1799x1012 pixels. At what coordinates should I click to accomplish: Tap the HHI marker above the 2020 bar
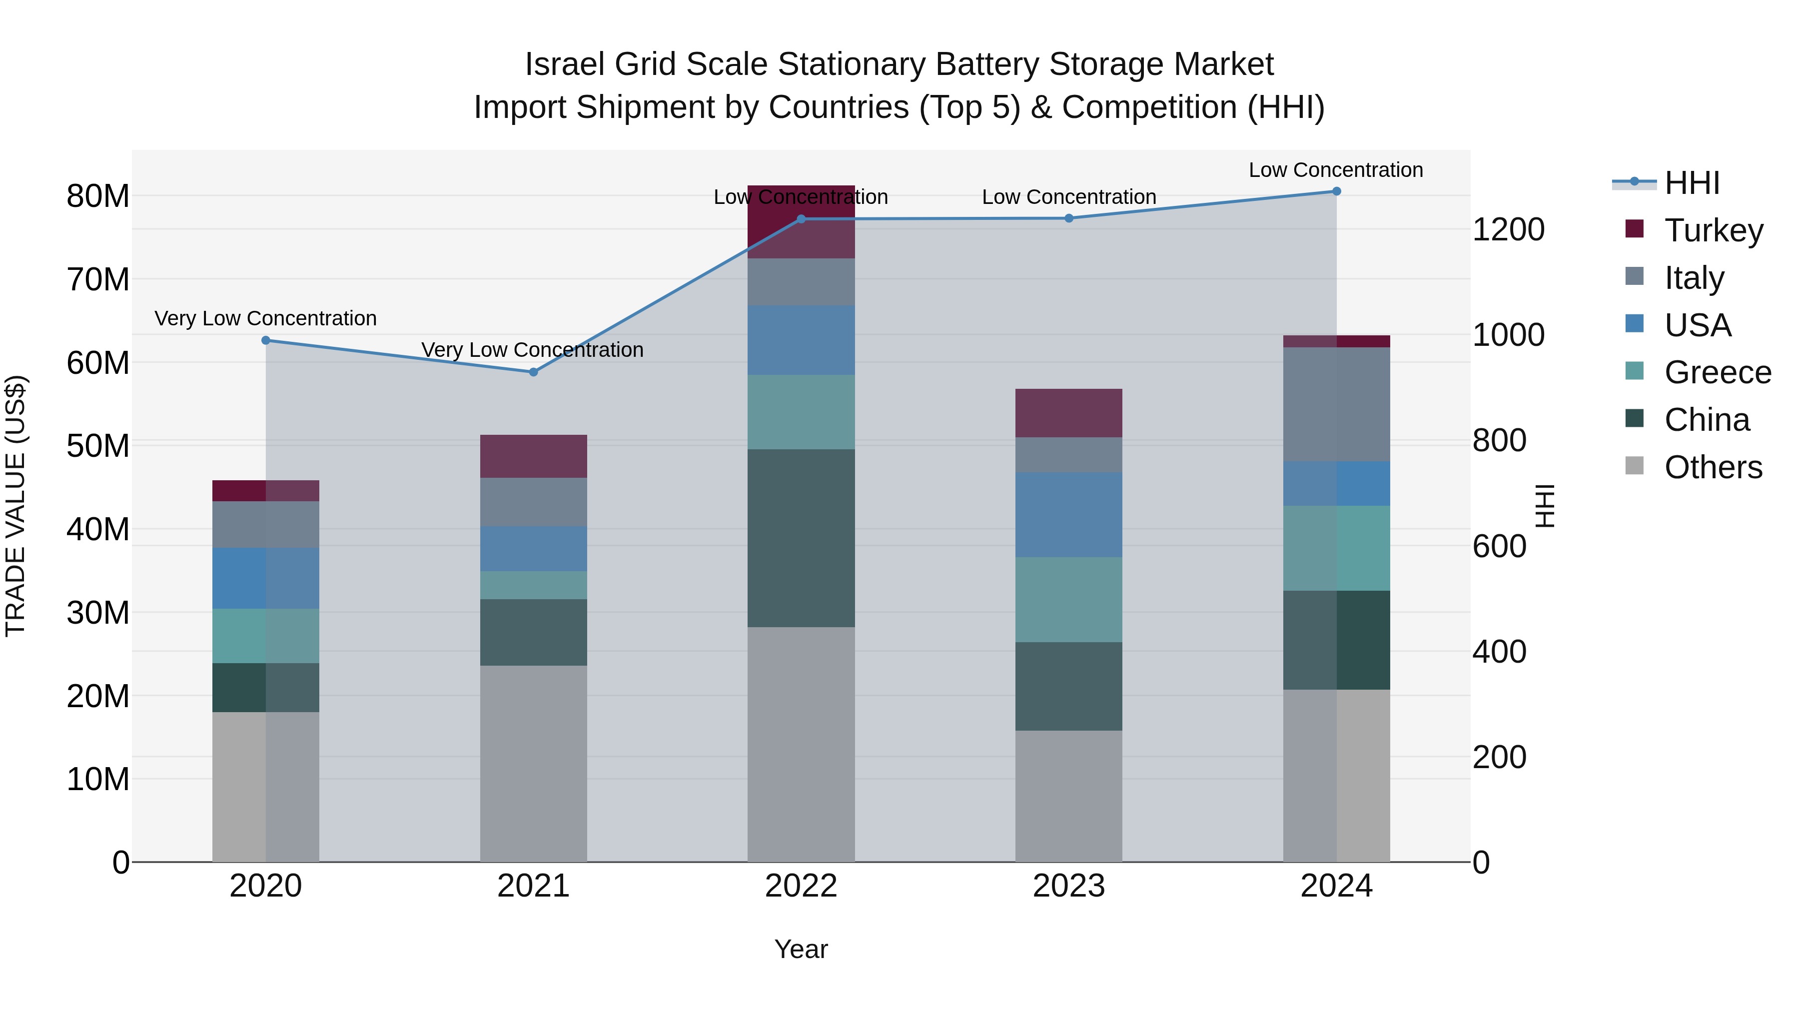tap(265, 341)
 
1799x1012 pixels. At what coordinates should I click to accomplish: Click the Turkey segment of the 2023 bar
tap(1068, 413)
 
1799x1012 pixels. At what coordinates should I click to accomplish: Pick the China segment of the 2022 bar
tap(801, 538)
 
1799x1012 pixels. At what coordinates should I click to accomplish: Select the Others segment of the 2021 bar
tap(534, 763)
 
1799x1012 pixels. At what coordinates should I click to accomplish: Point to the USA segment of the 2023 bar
tap(1068, 515)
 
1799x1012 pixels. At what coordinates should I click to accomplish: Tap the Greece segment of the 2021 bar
tap(534, 585)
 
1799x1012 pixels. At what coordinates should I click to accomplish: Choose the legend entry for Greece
tap(1717, 372)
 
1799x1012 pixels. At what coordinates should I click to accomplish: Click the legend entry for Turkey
tap(1713, 230)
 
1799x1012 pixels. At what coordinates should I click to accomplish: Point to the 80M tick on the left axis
tap(98, 196)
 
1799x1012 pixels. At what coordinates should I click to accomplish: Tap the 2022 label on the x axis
tap(801, 886)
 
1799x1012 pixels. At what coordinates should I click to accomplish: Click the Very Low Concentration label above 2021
tap(532, 350)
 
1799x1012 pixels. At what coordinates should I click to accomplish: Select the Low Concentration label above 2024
tap(1335, 170)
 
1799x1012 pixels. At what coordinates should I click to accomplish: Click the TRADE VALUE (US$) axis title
tap(15, 506)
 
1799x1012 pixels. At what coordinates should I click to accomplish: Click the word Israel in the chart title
tap(564, 65)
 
